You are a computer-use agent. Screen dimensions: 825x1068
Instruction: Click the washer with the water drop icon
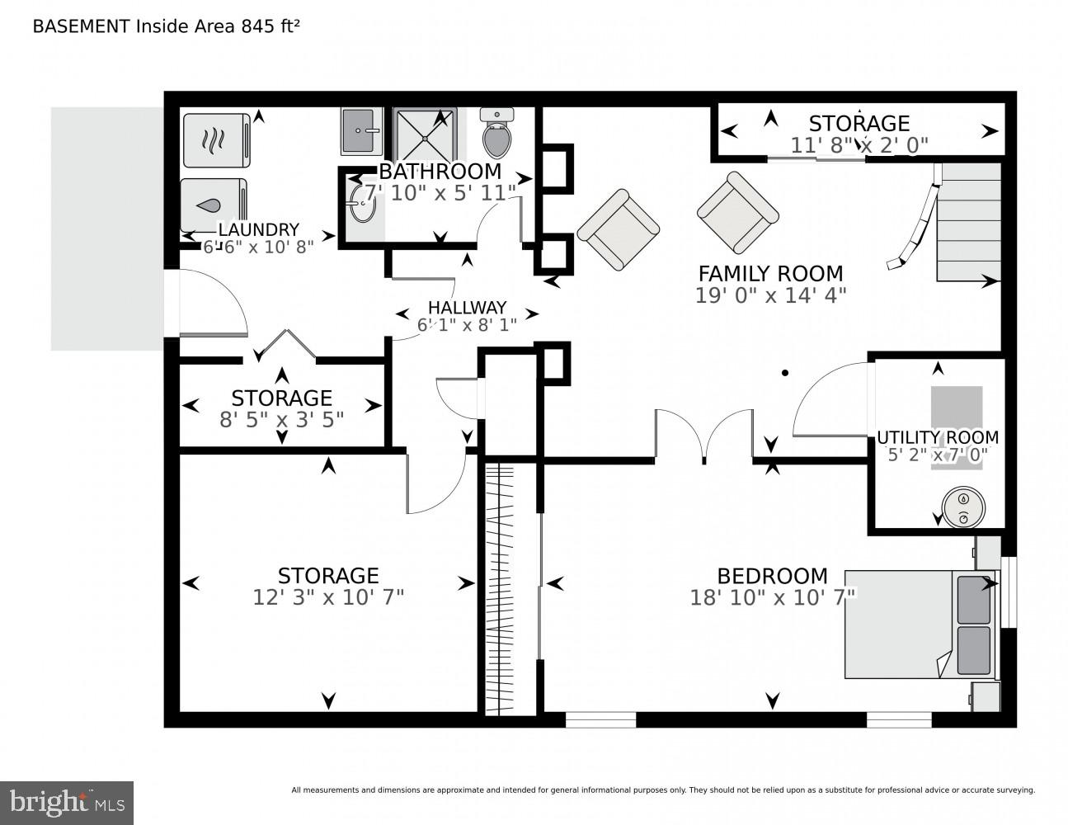(x=213, y=205)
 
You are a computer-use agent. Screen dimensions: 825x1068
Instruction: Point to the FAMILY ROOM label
(x=770, y=273)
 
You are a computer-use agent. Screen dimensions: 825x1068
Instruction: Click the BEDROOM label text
(x=772, y=576)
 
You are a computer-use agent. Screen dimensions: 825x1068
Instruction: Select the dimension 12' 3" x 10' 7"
(x=328, y=596)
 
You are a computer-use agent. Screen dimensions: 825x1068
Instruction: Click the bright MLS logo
(x=67, y=802)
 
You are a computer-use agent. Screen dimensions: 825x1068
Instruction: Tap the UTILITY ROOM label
(x=937, y=437)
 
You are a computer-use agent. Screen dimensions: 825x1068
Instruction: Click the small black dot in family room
(x=785, y=373)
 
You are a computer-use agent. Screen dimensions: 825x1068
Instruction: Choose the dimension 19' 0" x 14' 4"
(x=770, y=295)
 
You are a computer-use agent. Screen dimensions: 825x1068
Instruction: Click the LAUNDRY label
(x=258, y=229)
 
